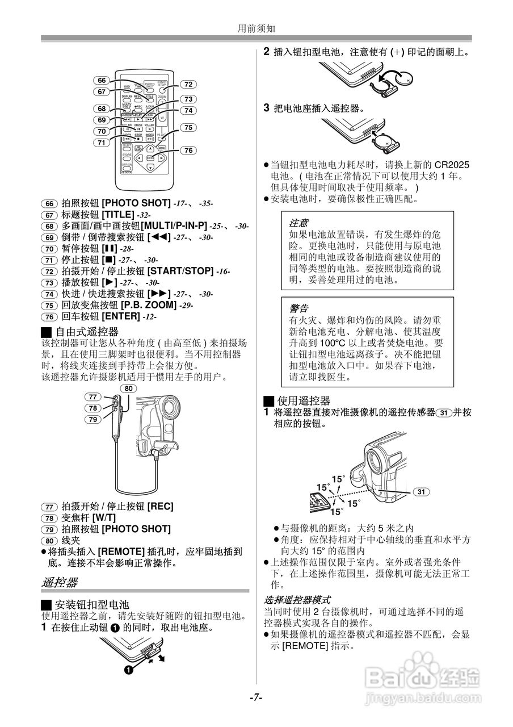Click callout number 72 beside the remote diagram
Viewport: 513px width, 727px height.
(x=189, y=84)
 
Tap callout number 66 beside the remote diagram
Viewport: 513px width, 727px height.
(x=102, y=81)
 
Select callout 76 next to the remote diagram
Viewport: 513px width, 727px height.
(x=189, y=151)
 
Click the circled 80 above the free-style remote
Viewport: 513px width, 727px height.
(x=129, y=388)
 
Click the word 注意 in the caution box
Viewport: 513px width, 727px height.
(x=299, y=223)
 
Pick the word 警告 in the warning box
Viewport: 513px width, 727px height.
(x=299, y=308)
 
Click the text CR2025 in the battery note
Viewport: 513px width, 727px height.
(x=452, y=165)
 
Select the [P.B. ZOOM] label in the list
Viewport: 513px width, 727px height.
(x=149, y=305)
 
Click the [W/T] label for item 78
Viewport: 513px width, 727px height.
(x=104, y=517)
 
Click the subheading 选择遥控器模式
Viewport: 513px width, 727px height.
(x=297, y=600)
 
